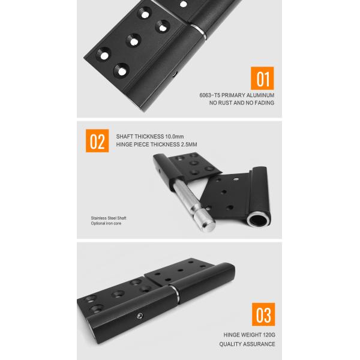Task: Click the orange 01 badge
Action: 262,79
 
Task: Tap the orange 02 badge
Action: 98,140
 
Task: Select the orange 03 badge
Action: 263,316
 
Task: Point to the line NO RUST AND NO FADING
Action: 241,103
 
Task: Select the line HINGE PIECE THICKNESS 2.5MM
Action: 157,145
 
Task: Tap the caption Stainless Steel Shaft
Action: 109,218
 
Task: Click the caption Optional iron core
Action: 106,223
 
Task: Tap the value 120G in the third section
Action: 268,335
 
